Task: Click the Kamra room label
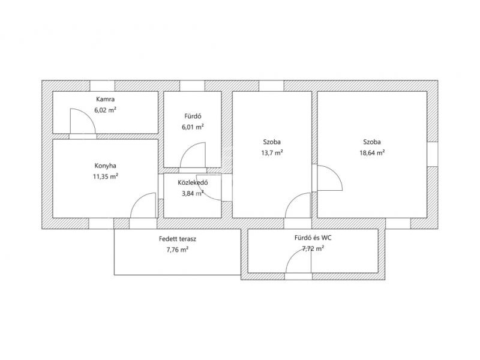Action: point(106,99)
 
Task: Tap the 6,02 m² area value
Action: point(106,110)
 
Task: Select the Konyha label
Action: point(106,166)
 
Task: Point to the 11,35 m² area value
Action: point(106,176)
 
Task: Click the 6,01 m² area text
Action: point(193,127)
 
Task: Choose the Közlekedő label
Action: point(193,183)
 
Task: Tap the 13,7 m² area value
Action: point(272,153)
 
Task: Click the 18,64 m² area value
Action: point(372,153)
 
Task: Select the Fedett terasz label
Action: point(178,239)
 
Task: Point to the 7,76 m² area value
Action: point(177,250)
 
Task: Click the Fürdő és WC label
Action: point(313,238)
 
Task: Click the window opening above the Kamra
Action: point(102,86)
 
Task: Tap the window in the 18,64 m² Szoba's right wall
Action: point(432,154)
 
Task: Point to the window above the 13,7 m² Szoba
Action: point(272,86)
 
